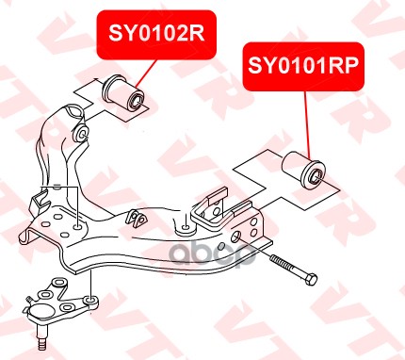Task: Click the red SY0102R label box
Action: (x=156, y=35)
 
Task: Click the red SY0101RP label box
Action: (x=303, y=66)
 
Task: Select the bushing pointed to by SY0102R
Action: (x=124, y=93)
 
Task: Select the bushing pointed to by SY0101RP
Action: (x=303, y=170)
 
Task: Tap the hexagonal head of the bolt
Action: (x=310, y=279)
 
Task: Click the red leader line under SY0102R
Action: (x=146, y=74)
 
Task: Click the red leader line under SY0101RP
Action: (x=306, y=124)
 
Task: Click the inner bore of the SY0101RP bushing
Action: (x=316, y=176)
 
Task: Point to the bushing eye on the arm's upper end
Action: (x=81, y=133)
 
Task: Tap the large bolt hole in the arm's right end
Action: (x=235, y=236)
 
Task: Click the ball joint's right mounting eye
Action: (x=91, y=301)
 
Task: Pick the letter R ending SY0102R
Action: (x=196, y=34)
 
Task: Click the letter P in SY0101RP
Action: (x=351, y=65)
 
